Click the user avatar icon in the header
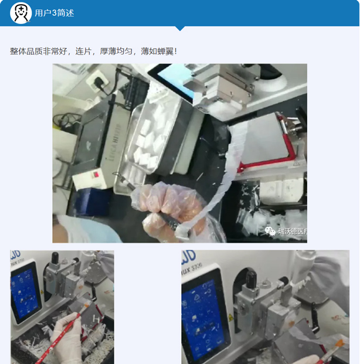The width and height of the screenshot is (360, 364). pyautogui.click(x=21, y=13)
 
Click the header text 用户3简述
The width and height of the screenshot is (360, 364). pyautogui.click(x=55, y=13)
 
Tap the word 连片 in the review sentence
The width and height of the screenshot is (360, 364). pyautogui.click(x=83, y=52)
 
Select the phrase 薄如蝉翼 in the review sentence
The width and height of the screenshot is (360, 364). pyautogui.click(x=157, y=52)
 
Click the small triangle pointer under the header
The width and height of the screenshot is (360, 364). pyautogui.click(x=180, y=28)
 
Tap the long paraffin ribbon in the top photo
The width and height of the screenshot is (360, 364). pyautogui.click(x=229, y=176)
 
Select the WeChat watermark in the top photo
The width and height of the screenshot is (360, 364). pyautogui.click(x=286, y=231)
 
